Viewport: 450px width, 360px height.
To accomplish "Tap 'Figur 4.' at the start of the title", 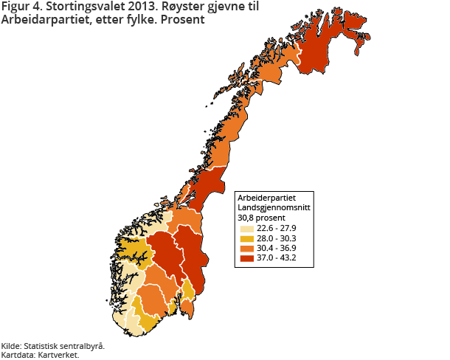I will coord(21,8).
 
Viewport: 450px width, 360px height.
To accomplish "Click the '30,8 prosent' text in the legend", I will coord(259,218).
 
